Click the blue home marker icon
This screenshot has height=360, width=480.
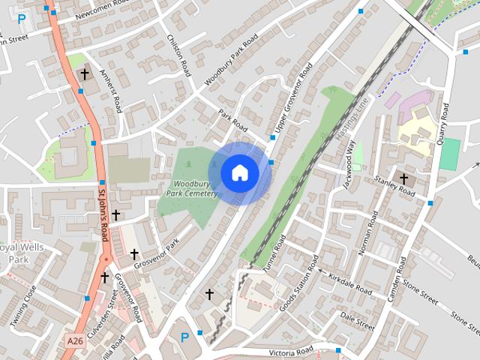[239, 172]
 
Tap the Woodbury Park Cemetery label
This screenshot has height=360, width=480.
[195, 188]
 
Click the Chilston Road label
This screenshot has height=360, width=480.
[178, 53]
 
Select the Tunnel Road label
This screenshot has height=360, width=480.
[275, 253]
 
